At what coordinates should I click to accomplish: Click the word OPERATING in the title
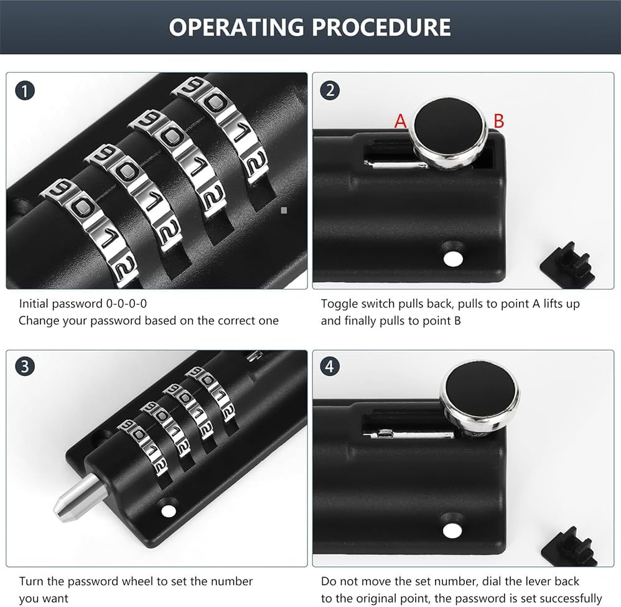point(237,27)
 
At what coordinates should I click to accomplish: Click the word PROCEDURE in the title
point(381,27)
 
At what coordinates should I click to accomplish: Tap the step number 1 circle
point(25,91)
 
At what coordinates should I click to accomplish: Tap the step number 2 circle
point(330,91)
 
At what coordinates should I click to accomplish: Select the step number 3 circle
point(25,367)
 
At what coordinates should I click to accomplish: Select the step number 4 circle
point(330,367)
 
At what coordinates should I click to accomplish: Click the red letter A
point(400,121)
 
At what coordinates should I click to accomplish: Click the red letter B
point(498,121)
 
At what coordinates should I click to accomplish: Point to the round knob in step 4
point(480,396)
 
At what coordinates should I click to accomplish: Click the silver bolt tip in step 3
point(78,497)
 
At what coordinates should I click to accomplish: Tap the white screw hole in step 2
point(452,259)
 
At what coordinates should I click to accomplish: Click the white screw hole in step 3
point(169,511)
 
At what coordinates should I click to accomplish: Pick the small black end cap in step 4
point(570,545)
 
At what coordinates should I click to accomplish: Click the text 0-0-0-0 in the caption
point(126,304)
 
